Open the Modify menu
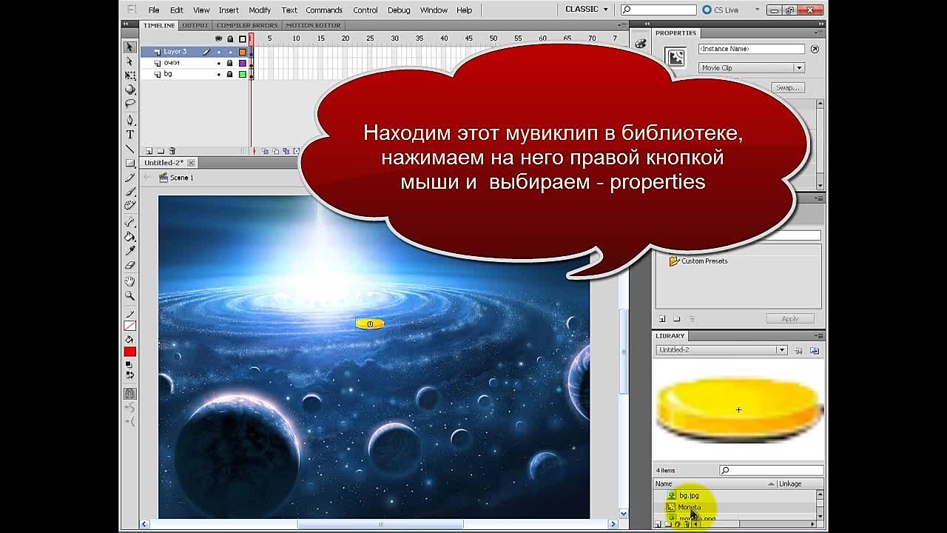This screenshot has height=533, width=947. (x=260, y=10)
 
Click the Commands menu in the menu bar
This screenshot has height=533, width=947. (x=324, y=10)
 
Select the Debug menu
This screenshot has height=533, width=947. (x=399, y=10)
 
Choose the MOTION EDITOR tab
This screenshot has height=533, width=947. (x=313, y=25)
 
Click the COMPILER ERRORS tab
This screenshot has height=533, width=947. (x=246, y=25)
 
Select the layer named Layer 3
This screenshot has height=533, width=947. (x=175, y=52)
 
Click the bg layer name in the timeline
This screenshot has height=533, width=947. (x=168, y=74)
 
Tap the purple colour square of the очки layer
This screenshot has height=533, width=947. (x=242, y=63)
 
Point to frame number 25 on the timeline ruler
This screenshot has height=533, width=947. (x=370, y=38)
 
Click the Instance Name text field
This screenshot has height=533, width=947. (x=751, y=49)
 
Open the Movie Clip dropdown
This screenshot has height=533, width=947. (x=751, y=68)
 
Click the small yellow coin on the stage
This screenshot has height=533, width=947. (x=369, y=324)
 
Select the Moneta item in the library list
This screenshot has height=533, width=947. (x=690, y=507)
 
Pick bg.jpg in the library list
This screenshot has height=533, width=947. (x=689, y=495)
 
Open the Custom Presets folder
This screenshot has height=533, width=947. (x=704, y=261)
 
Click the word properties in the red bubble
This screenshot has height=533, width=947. (x=657, y=182)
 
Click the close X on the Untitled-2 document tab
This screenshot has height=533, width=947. (x=191, y=163)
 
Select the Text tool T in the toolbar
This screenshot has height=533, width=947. (x=130, y=135)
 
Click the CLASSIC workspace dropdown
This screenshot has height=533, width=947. (x=587, y=10)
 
